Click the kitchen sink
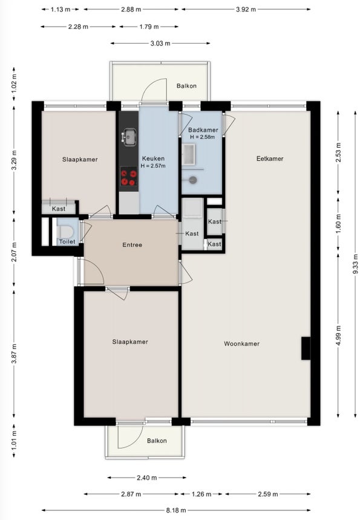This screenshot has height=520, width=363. pyautogui.click(x=129, y=137)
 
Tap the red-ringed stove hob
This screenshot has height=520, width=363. pyautogui.click(x=129, y=177)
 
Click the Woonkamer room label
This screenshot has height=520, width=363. pyautogui.click(x=241, y=344)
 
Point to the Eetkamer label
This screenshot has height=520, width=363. pyautogui.click(x=270, y=159)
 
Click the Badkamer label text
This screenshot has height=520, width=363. pyautogui.click(x=203, y=130)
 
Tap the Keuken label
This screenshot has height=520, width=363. pyautogui.click(x=153, y=159)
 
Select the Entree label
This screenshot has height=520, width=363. pyautogui.click(x=132, y=245)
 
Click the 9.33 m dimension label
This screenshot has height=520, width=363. pyautogui.click(x=355, y=264)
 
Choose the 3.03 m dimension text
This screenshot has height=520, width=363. pyautogui.click(x=160, y=43)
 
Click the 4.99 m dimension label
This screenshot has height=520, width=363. pyautogui.click(x=338, y=335)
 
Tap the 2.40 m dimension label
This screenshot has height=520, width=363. pyautogui.click(x=147, y=478)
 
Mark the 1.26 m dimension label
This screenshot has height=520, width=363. pyautogui.click(x=201, y=494)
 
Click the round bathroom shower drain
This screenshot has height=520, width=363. pyautogui.click(x=193, y=180)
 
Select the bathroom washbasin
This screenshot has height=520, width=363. pyautogui.click(x=189, y=154)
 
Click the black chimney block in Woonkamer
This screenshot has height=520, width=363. pyautogui.click(x=306, y=348)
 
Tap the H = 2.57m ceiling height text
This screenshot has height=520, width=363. pyautogui.click(x=153, y=166)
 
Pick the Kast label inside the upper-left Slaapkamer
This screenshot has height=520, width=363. pyautogui.click(x=59, y=209)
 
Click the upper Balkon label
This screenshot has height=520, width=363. pyautogui.click(x=186, y=86)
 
